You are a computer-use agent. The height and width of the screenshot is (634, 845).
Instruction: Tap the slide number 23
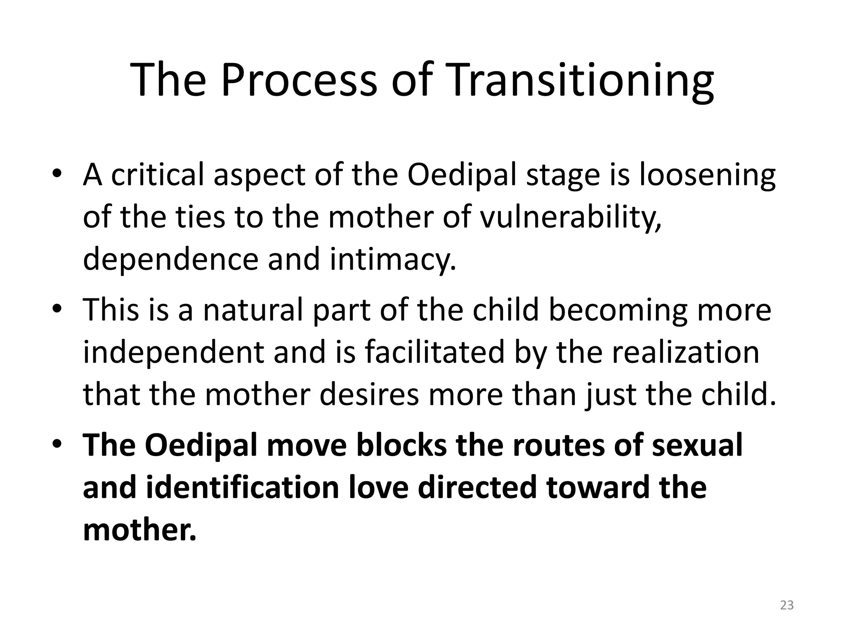click(787, 605)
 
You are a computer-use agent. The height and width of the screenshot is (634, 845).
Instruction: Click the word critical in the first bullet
click(158, 175)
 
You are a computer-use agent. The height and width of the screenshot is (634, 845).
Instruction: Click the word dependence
click(170, 260)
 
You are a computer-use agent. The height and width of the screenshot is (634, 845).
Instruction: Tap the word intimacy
click(393, 260)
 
